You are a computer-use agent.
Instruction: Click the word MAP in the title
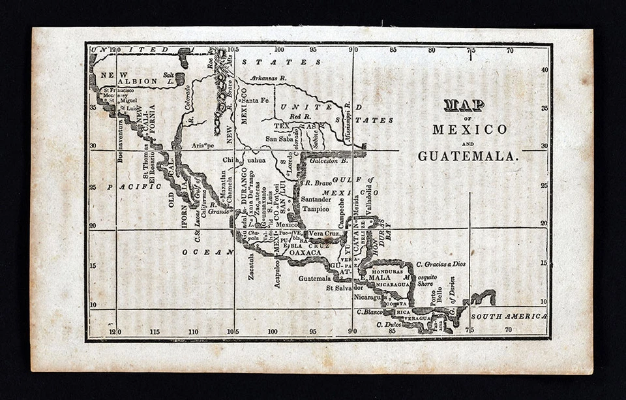click(x=464, y=106)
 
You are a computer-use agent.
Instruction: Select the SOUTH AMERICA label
click(x=509, y=316)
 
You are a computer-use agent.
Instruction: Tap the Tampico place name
click(x=316, y=209)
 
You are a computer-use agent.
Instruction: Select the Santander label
click(x=315, y=197)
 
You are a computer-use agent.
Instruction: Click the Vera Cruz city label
click(x=323, y=233)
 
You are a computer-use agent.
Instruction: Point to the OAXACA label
click(x=305, y=253)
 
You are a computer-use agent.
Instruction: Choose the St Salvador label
click(x=348, y=287)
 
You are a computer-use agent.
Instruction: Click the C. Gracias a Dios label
click(x=441, y=264)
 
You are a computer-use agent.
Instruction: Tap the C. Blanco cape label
click(x=370, y=312)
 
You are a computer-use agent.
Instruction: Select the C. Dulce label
click(x=388, y=324)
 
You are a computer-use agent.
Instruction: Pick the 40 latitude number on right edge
click(x=544, y=69)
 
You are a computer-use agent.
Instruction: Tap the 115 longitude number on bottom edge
click(x=155, y=331)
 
